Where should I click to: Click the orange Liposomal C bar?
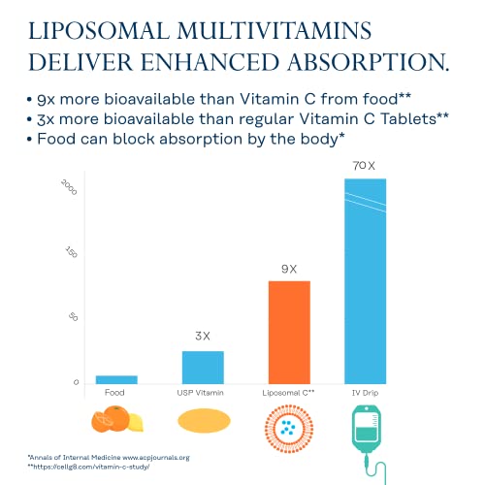point(289,332)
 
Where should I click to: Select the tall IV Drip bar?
point(366,281)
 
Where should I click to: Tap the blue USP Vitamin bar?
point(203,367)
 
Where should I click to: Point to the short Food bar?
point(116,378)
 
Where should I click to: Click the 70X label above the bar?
point(365,167)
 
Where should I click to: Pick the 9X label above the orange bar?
point(289,268)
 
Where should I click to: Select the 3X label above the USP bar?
point(203,337)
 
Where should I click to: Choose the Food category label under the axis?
point(114,392)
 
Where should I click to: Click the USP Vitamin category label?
point(203,392)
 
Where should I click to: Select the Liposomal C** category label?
point(289,392)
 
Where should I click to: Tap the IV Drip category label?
point(366,392)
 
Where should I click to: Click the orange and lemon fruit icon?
point(116,420)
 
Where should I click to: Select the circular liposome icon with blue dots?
point(289,423)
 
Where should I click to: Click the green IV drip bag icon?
point(365,427)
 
